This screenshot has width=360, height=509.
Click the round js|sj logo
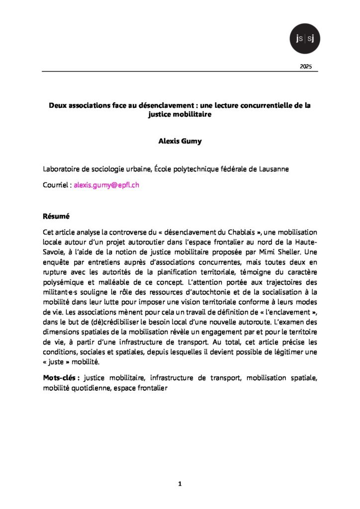coord(304,38)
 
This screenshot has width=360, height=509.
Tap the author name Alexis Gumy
coord(180,141)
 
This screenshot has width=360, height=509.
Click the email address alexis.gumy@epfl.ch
coord(106,185)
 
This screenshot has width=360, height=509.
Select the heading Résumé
coord(55,217)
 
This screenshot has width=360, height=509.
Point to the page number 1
coord(180,484)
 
